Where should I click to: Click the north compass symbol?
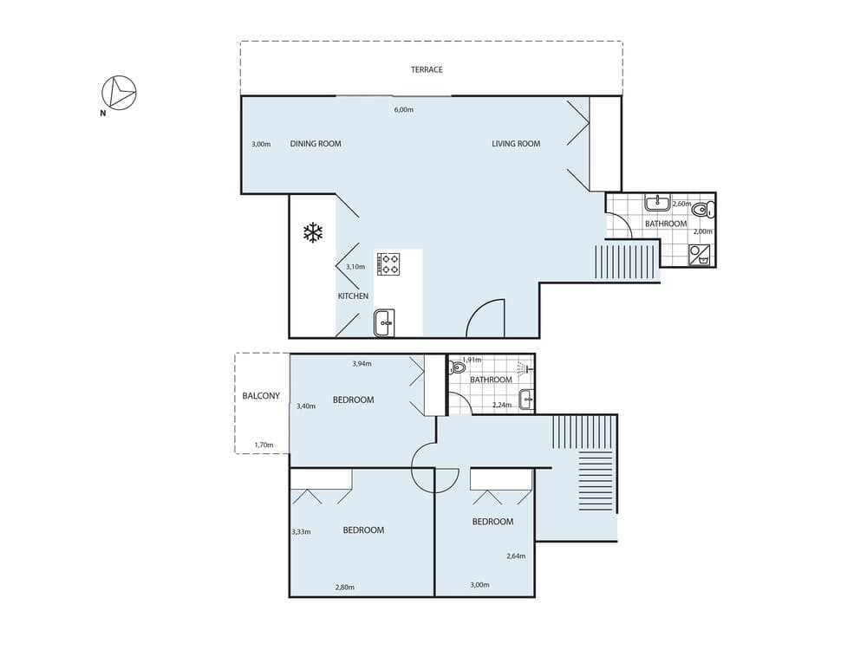point(119,93)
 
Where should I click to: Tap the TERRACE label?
point(427,69)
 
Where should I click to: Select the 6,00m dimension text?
point(404,109)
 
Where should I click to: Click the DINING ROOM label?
point(316,144)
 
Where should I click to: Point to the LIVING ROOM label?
point(516,144)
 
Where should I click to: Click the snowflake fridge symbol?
point(313,232)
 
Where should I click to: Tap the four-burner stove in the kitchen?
point(388,263)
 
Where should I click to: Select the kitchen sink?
point(384,322)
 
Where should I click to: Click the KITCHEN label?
point(353,296)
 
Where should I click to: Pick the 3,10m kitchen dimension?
point(355,266)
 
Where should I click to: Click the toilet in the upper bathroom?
point(703,210)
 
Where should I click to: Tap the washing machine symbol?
point(700,256)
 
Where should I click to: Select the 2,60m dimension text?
point(681,204)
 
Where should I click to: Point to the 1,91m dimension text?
point(472,360)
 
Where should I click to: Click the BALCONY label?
point(261,396)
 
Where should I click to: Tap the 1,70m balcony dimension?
point(264,445)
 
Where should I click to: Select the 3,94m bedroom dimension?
point(362,364)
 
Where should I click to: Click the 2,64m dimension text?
point(516,556)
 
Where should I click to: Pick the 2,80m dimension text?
point(344,587)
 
